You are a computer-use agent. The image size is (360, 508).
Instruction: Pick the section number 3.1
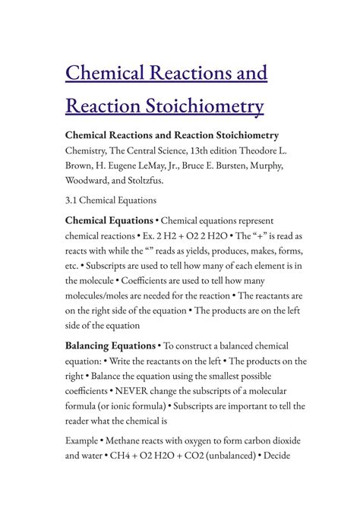pos(74,201)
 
